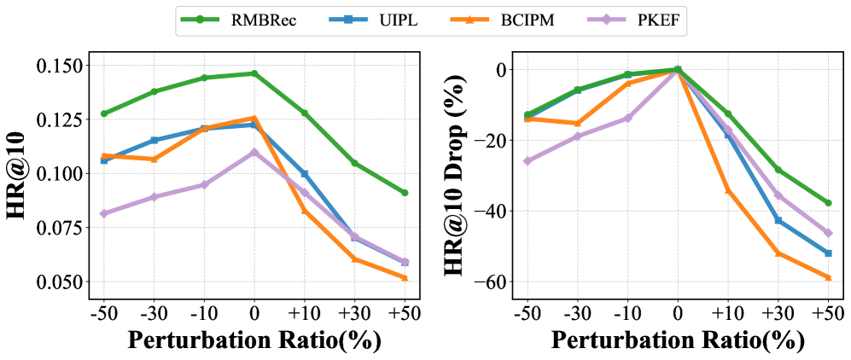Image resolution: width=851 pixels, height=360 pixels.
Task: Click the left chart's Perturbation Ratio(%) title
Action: pos(254,340)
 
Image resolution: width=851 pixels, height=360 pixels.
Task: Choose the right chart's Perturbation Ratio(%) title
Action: pos(678,340)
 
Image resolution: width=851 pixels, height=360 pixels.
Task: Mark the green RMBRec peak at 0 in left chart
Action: pos(254,73)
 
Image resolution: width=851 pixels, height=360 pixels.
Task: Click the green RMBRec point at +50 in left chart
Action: pos(405,193)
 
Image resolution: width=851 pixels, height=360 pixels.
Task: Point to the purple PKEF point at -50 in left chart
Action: pos(104,213)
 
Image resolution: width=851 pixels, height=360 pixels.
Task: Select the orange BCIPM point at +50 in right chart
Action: pos(827,277)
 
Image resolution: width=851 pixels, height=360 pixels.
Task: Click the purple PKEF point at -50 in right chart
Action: pos(528,161)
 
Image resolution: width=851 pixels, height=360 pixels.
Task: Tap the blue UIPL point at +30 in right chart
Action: pos(778,220)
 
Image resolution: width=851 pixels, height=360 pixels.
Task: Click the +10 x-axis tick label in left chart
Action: pos(304,311)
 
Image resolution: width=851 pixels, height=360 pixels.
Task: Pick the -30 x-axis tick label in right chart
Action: pos(577,311)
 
